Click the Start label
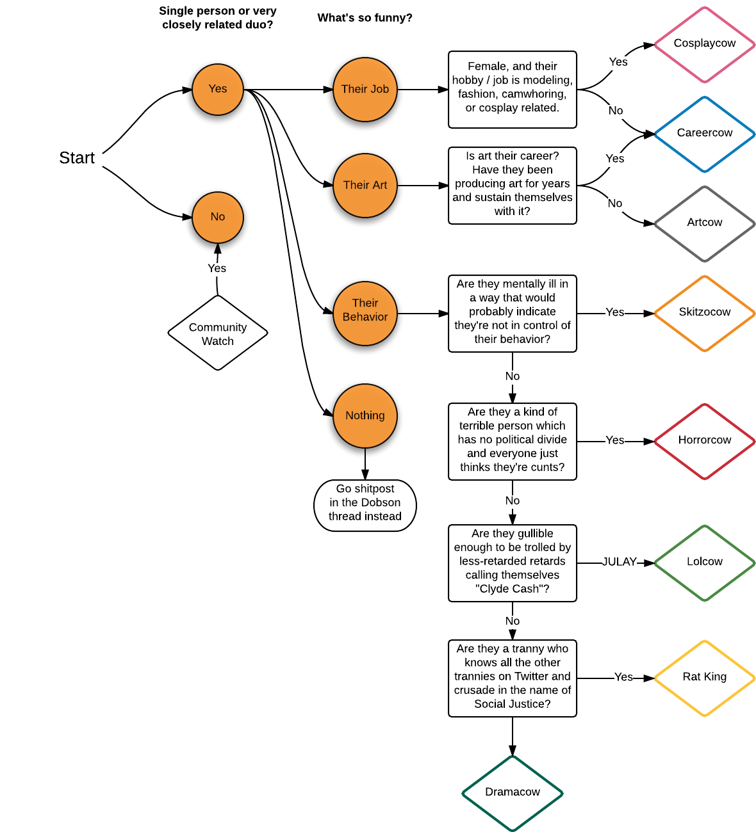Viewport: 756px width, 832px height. pos(77,158)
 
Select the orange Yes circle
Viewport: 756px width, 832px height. pos(218,90)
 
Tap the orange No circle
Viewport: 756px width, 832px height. pos(218,217)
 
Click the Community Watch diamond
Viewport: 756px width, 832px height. pos(218,333)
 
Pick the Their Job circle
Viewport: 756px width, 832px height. pos(365,90)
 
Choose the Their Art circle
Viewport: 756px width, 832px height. pos(365,186)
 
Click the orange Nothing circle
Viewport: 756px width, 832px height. pos(365,416)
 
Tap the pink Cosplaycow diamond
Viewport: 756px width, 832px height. pos(705,44)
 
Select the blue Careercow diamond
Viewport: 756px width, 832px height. pos(705,134)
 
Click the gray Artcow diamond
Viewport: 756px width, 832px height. pos(705,223)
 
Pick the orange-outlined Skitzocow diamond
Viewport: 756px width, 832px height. pos(705,313)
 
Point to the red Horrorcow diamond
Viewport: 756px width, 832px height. pos(705,441)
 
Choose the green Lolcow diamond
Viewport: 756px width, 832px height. pos(705,563)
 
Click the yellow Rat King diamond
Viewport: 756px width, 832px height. pos(705,678)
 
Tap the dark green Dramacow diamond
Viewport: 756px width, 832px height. pos(513,793)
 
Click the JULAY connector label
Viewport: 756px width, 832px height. pos(619,562)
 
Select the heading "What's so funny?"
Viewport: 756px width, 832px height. pos(365,18)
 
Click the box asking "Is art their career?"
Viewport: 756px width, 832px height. pos(513,185)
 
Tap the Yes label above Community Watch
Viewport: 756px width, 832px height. pos(217,268)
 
